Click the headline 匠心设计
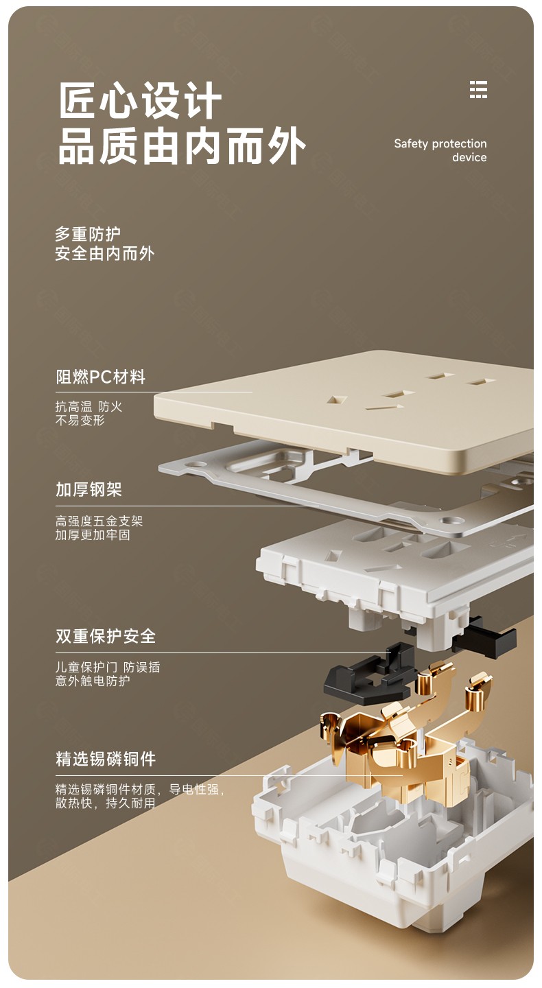(140, 100)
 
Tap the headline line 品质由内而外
(182, 145)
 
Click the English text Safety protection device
(440, 150)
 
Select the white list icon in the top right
(478, 89)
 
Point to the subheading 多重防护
(87, 234)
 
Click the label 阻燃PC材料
(100, 377)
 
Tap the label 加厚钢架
(89, 489)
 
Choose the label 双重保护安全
(106, 635)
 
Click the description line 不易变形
(80, 421)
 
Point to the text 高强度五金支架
(99, 521)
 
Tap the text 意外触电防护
(93, 681)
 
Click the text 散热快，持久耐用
(105, 803)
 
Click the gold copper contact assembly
(405, 732)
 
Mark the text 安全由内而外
(104, 254)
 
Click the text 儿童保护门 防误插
(108, 667)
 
